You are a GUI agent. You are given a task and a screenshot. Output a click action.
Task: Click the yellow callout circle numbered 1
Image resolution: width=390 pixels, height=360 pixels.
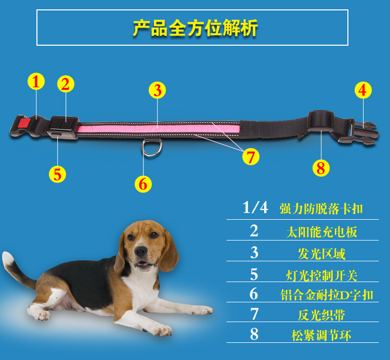point(35,82)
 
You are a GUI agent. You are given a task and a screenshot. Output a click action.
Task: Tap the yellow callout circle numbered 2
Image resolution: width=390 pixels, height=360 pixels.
point(66,84)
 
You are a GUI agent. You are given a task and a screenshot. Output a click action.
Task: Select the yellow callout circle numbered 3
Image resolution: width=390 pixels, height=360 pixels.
point(157,90)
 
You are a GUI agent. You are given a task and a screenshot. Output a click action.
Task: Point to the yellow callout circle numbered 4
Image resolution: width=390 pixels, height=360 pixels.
point(363,90)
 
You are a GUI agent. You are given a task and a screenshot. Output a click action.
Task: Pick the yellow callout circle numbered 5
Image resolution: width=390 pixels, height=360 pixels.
point(57,174)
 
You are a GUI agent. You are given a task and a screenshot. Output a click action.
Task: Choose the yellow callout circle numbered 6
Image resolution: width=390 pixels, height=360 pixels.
point(143,183)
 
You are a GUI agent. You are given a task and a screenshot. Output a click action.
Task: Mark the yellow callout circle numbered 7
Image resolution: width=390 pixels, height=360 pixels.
point(251,156)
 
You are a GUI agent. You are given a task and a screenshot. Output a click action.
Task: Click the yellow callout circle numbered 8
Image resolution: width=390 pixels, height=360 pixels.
point(320,168)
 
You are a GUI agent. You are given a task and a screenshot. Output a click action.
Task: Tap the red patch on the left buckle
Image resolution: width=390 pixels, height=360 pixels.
point(23,124)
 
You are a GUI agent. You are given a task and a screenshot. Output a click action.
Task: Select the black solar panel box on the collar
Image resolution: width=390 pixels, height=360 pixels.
point(64,126)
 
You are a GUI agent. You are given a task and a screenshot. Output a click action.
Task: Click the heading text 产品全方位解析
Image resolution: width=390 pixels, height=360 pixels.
point(195,28)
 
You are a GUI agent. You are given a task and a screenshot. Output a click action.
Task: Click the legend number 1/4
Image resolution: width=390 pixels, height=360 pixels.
point(255,208)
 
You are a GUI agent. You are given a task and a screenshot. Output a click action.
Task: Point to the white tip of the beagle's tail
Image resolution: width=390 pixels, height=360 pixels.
point(7,258)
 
